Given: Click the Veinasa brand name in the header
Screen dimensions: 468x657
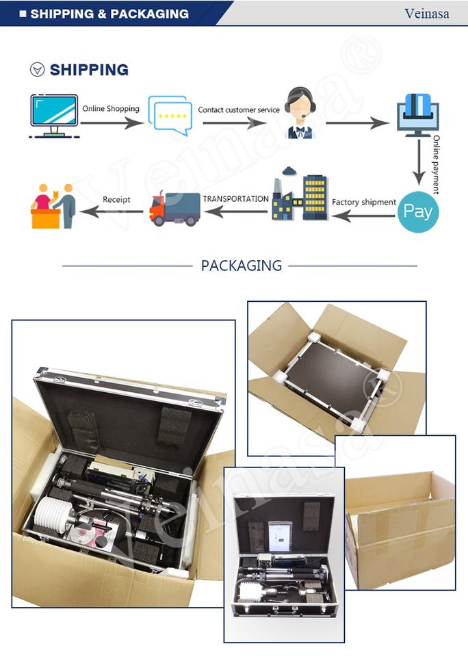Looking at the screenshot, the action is coord(426,14).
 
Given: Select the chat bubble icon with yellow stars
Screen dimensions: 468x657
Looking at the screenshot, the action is coord(170,116).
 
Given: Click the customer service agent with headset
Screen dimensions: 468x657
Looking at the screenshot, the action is coord(299,113).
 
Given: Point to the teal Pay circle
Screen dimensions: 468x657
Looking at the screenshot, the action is coord(418,211).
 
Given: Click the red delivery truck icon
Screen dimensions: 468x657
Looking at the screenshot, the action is coord(174,209).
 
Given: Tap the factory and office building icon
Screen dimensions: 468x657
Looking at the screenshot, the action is coord(300,194).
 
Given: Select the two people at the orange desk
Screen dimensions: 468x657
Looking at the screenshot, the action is coord(53,206).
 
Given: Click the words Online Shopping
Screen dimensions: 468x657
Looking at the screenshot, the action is coord(111,109).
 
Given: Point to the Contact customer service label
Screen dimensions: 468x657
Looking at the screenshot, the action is coord(239,109).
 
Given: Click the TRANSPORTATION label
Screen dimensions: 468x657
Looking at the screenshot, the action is coord(236,199).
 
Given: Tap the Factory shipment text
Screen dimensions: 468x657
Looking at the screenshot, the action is coord(364,202).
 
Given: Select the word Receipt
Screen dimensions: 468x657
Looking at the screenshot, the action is coord(116,199).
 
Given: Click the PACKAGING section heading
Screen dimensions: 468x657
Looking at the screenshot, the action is coord(242,266).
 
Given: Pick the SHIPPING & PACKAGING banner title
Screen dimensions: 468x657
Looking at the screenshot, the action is coord(109,14).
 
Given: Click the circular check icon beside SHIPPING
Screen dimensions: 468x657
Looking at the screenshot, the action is coord(37,69).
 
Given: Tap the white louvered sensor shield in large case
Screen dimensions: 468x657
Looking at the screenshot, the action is coord(49,515).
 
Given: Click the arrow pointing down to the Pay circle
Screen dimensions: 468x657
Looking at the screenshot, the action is coord(419,162).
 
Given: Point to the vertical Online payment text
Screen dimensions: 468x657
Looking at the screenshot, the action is coord(436,164).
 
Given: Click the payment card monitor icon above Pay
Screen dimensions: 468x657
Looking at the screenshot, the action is coord(418,115).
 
